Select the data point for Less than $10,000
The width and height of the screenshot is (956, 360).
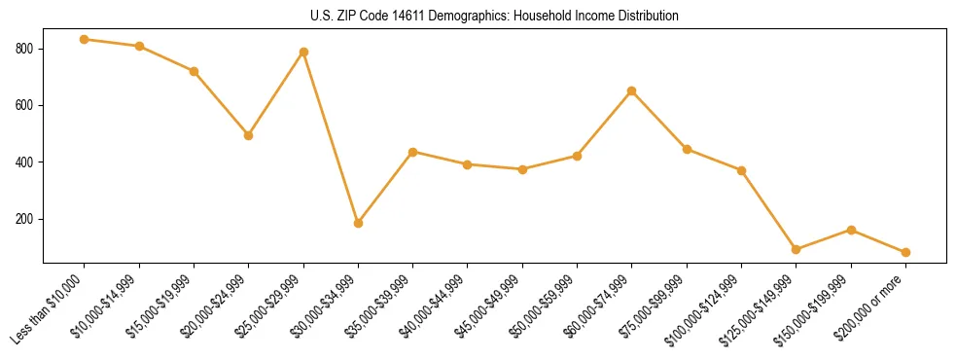tap(85, 39)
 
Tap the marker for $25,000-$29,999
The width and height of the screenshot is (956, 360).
tap(303, 52)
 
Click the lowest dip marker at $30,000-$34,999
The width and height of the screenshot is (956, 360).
tap(359, 223)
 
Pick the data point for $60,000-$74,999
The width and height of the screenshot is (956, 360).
tap(632, 90)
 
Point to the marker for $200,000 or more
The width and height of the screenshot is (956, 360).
tap(906, 252)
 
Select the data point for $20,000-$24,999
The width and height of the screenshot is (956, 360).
tap(249, 135)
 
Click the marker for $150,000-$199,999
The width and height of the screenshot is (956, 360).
tap(851, 230)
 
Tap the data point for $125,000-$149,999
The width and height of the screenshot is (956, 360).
tap(797, 249)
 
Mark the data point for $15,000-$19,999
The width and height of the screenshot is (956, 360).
tap(195, 71)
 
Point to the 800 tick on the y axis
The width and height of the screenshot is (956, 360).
tap(26, 49)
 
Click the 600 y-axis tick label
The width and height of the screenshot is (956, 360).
tap(26, 105)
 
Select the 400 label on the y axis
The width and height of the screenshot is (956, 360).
tap(26, 162)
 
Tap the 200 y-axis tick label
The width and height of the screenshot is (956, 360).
tap(26, 219)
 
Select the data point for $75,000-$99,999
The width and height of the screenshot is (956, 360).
tap(687, 149)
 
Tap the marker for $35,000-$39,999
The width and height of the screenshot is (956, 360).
tap(413, 152)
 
